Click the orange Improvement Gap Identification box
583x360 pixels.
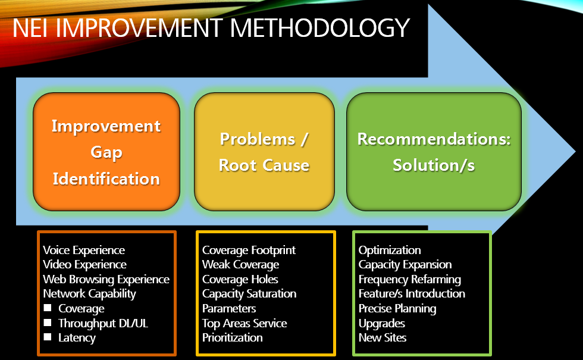pos(106,152)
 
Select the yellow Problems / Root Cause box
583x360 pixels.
pos(264,152)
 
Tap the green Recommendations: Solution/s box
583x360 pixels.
pos(434,152)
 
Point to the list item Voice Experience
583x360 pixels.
pos(84,250)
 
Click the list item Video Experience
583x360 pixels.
pos(84,264)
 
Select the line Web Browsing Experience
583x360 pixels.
pos(106,279)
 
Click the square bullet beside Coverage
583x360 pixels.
pos(48,308)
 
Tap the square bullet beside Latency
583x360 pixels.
pos(48,337)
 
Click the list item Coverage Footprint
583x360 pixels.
pos(249,250)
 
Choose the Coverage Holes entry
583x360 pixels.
pos(240,279)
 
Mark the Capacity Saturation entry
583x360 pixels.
pos(249,293)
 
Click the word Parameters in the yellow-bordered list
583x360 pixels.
pos(229,308)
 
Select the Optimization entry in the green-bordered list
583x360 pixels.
pos(390,250)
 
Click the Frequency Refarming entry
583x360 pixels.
pos(409,279)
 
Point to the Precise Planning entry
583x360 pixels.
pos(397,308)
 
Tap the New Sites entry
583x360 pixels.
pos(383,337)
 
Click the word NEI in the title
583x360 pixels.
pos(34,27)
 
